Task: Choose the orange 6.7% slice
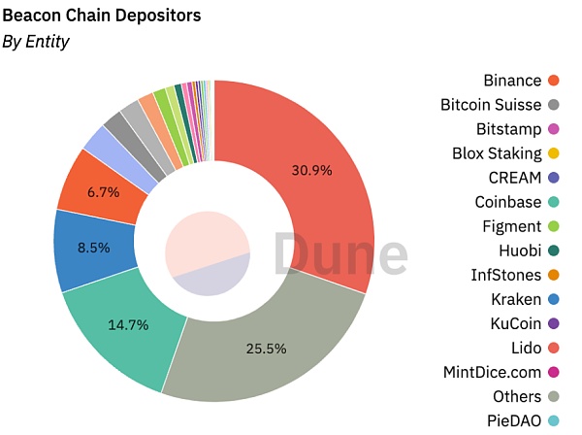[x=102, y=192]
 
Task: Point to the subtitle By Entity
[x=36, y=41]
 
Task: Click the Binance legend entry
[x=512, y=80]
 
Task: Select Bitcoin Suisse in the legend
[x=490, y=104]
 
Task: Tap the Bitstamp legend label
[x=508, y=129]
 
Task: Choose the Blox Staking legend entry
[x=497, y=153]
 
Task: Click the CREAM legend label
[x=515, y=178]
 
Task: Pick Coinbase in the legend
[x=507, y=202]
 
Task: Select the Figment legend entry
[x=511, y=226]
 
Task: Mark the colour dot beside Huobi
[x=553, y=251]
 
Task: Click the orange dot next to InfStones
[x=553, y=275]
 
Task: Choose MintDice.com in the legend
[x=491, y=372]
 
